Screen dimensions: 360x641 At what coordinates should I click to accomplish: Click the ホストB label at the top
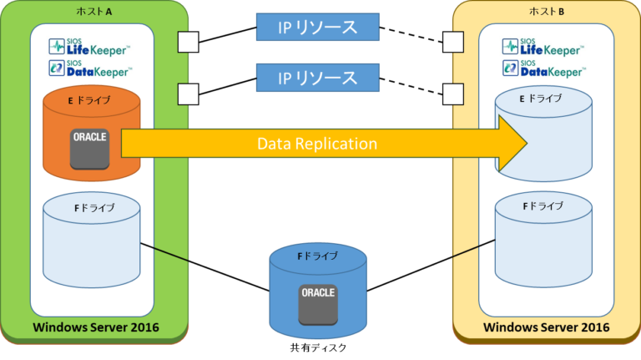pos(546,12)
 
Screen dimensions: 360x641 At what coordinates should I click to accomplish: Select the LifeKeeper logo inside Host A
pos(89,47)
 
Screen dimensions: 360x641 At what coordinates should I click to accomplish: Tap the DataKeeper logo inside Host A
pos(89,68)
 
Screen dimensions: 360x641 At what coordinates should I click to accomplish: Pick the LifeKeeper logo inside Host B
pos(543,47)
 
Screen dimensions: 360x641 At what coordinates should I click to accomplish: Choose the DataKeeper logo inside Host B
pos(543,68)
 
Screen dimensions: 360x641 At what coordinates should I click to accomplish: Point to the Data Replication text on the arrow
pos(317,144)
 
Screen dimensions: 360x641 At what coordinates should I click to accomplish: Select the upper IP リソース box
pos(317,28)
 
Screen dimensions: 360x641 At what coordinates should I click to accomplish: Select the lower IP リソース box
pos(317,78)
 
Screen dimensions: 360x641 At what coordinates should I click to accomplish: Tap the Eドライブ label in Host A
pos(91,99)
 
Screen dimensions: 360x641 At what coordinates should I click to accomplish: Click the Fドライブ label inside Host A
pos(91,207)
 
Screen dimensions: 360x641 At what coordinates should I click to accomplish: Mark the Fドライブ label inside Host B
pos(542,206)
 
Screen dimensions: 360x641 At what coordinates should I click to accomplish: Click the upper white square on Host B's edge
pos(452,41)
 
